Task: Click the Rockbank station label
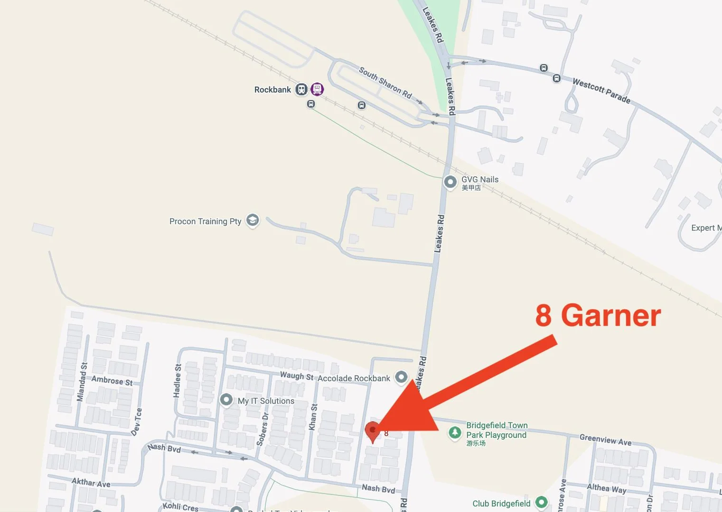click(272, 90)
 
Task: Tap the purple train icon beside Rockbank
click(317, 89)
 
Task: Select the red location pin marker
click(373, 431)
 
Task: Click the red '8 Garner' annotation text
click(598, 315)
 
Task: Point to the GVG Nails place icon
click(450, 182)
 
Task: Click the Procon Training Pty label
click(205, 221)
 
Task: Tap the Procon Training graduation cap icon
click(253, 220)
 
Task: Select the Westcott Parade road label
click(601, 91)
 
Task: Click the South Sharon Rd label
click(385, 82)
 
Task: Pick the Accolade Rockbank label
click(354, 378)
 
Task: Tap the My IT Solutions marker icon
click(226, 400)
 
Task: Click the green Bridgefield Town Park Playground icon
click(455, 433)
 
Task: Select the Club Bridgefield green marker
click(541, 502)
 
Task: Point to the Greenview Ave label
click(605, 440)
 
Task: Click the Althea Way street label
click(606, 488)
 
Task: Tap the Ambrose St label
click(112, 380)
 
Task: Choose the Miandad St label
click(82, 382)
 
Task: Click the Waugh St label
click(297, 376)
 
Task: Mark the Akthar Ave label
click(91, 483)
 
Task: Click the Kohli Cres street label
click(180, 507)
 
